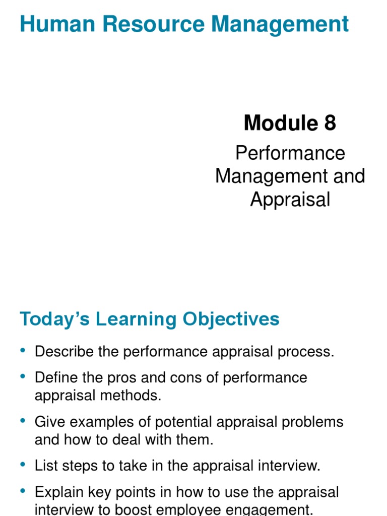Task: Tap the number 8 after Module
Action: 330,122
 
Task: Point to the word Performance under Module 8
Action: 290,153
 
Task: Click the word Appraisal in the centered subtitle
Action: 290,200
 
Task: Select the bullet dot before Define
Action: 23,377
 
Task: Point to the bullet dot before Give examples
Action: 23,421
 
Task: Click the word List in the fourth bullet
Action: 47,466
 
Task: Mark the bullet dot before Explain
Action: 23,491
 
